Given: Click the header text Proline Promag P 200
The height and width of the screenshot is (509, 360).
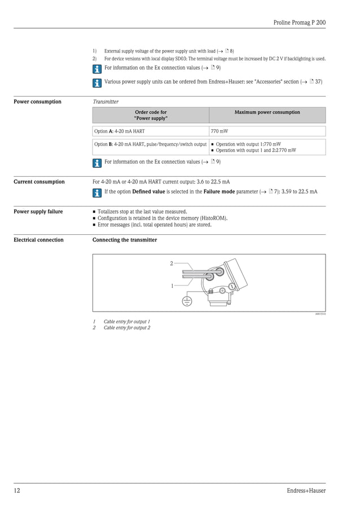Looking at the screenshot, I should [x=299, y=23].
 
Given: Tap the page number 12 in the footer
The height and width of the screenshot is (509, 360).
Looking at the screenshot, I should [x=17, y=490].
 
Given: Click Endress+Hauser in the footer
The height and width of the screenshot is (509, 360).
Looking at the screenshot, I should [x=306, y=490].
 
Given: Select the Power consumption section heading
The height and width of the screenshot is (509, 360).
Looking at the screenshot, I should [x=37, y=102].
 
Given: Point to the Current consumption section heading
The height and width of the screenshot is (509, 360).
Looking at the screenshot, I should [x=39, y=182].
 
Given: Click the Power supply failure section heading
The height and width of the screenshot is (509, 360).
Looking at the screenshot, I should [x=38, y=212].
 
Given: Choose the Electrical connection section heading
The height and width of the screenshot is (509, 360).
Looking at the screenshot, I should [x=38, y=240].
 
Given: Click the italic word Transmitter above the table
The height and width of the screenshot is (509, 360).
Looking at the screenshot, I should [x=106, y=102].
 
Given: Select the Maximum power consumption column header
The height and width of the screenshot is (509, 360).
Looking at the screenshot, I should [x=267, y=112].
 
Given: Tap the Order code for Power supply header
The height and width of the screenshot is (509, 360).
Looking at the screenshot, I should [x=151, y=115].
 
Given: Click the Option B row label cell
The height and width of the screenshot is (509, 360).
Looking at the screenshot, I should [x=150, y=144].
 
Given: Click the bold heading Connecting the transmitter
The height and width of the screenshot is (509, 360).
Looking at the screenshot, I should [x=125, y=240].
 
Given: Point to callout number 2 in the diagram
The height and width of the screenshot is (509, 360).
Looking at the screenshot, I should [x=172, y=264].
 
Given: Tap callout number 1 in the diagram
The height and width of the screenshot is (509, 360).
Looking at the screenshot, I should [x=172, y=286].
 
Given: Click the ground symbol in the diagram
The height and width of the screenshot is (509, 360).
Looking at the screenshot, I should [x=187, y=301].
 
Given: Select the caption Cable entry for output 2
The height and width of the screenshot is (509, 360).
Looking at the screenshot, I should [x=126, y=327].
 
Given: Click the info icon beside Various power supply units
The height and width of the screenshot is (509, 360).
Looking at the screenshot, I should [x=97, y=82].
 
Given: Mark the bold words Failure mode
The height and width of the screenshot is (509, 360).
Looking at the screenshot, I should [x=219, y=191].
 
